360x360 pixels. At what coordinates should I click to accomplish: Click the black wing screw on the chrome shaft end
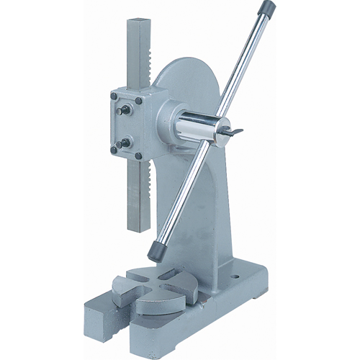point(234,131)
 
